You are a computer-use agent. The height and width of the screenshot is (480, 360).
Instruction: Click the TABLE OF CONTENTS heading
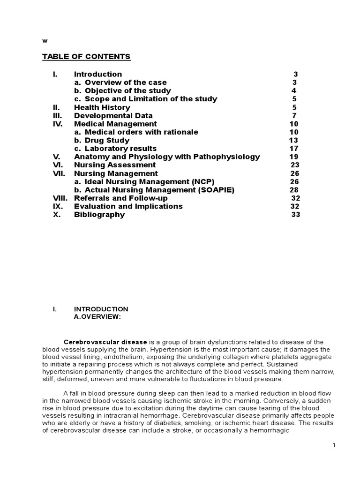click(x=86, y=57)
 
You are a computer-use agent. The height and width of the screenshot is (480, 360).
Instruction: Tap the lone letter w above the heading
click(x=45, y=41)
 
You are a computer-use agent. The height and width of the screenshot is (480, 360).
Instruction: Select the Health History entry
click(x=102, y=107)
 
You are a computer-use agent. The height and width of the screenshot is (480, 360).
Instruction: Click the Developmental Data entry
click(x=113, y=116)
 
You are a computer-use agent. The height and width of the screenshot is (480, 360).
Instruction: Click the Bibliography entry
click(x=99, y=215)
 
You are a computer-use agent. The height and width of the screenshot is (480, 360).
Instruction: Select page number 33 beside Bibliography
click(x=295, y=215)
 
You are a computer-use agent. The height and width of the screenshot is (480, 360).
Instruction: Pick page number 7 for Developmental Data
click(x=294, y=116)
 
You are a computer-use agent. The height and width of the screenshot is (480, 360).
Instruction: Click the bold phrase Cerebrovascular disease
click(x=105, y=342)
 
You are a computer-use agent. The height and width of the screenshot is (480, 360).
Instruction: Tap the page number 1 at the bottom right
click(x=334, y=446)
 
